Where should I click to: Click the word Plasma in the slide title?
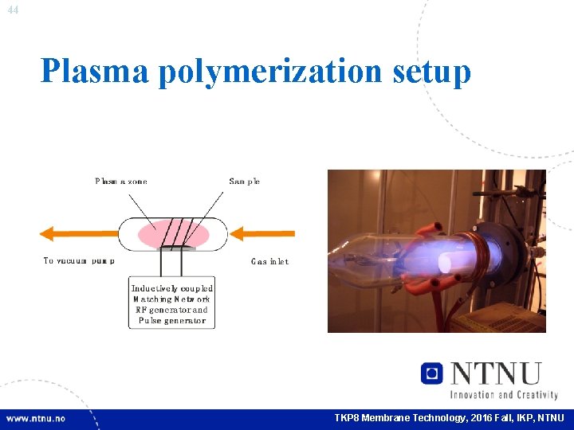[94, 71]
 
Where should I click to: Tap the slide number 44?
[12, 10]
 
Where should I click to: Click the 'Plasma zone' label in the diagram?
[121, 182]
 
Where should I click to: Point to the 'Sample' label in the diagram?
[244, 182]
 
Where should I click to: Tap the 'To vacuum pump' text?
[79, 261]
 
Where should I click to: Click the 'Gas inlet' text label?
[269, 261]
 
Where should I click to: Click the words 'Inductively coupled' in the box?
[172, 288]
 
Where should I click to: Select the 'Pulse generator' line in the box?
[172, 321]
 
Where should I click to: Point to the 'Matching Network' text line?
[172, 299]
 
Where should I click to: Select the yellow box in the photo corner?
[511, 318]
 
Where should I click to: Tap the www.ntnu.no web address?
[36, 418]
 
